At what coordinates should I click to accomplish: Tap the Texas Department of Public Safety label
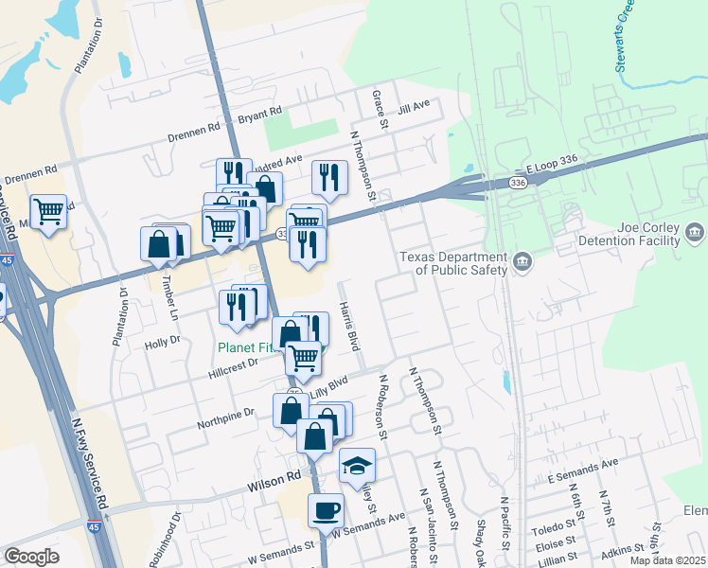[x=453, y=263]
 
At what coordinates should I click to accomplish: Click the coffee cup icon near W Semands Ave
[x=327, y=511]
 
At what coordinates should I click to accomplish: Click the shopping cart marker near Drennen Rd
[x=48, y=212]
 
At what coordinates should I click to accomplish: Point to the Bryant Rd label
[x=259, y=114]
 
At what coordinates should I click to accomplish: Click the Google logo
[x=31, y=556]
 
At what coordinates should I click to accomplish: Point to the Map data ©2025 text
[x=666, y=560]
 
